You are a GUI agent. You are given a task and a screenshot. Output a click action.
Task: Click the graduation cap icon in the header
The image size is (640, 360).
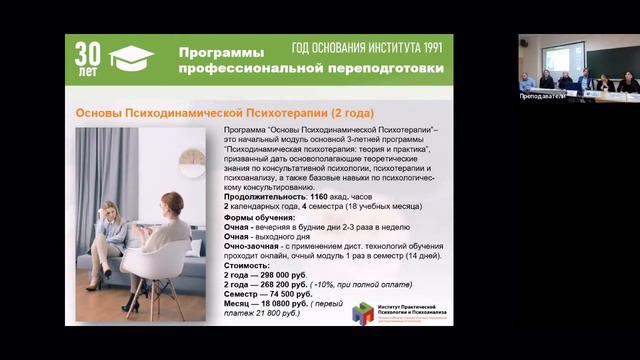131,58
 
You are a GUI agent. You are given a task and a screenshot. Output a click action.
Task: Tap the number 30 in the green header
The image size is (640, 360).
87,53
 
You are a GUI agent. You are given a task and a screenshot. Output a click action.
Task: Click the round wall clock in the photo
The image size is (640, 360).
191,161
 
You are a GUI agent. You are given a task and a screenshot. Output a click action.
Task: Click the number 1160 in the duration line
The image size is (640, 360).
320,197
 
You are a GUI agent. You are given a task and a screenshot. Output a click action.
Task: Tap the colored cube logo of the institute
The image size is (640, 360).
364,311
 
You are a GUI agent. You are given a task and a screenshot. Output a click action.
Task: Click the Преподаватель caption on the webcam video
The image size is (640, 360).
541,96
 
